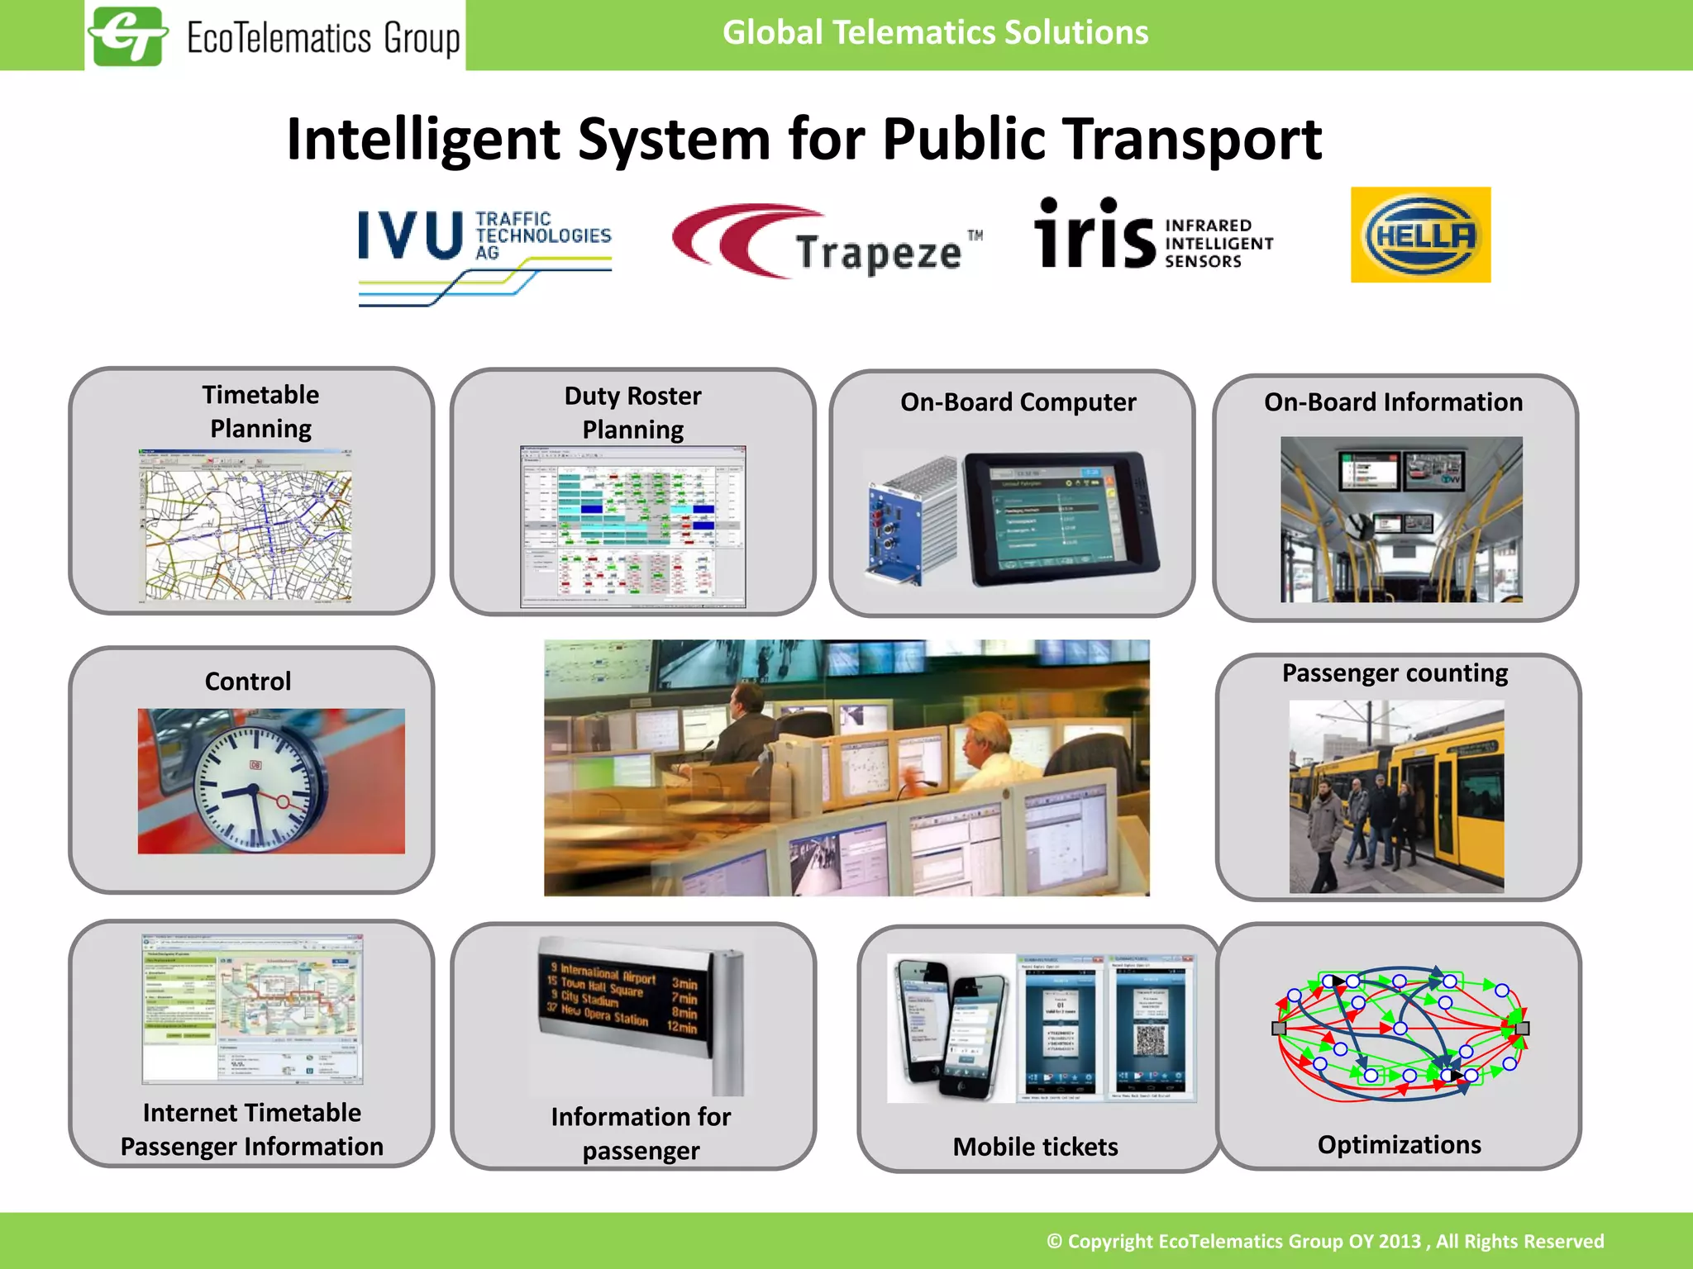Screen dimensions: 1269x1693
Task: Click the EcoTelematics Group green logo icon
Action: [x=128, y=36]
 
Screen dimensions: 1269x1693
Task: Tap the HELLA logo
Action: [x=1420, y=235]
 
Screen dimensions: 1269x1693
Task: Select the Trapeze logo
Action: [x=827, y=242]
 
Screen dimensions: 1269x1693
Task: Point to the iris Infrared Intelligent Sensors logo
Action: [x=1153, y=235]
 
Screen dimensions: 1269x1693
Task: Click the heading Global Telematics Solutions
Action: [x=935, y=33]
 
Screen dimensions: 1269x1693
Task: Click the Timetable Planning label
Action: [x=260, y=411]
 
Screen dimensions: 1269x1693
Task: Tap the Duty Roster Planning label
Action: [x=632, y=412]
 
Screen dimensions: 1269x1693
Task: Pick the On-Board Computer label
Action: [x=1018, y=402]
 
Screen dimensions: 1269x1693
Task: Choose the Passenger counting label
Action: [x=1395, y=673]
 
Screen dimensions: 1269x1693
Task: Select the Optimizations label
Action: [x=1399, y=1145]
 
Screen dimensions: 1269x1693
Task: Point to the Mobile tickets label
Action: [x=1035, y=1147]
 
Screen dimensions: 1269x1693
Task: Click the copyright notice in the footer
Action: [x=1325, y=1241]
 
